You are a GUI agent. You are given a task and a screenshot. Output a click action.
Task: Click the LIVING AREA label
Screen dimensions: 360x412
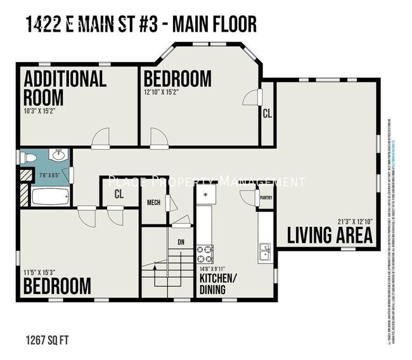tap(329, 235)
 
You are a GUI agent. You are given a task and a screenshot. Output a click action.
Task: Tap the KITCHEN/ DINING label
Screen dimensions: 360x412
tap(219, 284)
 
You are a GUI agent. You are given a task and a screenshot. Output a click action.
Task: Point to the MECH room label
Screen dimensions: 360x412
tap(153, 202)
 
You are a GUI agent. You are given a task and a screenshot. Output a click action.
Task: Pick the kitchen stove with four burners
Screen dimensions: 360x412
tap(205, 254)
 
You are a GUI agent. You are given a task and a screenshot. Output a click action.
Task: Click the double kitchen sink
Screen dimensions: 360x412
tap(266, 253)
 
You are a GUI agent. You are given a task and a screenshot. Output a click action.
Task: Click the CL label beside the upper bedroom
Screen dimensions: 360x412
tap(267, 113)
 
